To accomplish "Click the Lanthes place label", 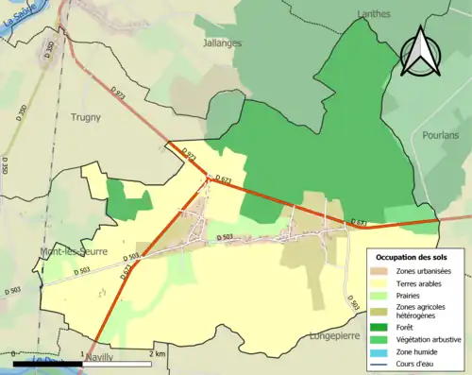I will click(x=374, y=13).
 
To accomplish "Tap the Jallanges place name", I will click(x=223, y=43).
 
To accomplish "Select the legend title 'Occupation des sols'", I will click(x=413, y=257).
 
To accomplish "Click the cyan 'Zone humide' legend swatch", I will click(x=381, y=349).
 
